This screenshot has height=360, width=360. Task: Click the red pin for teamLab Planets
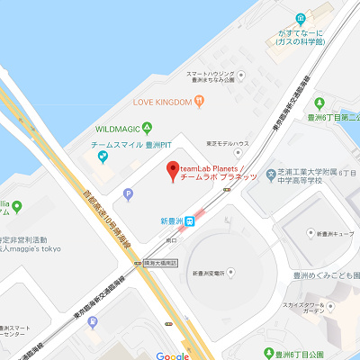pyautogui.click(x=172, y=170)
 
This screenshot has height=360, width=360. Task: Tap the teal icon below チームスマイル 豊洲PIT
pyautogui.click(x=103, y=158)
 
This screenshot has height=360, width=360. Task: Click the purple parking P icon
pyautogui.click(x=128, y=193)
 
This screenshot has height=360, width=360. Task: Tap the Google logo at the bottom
pyautogui.click(x=172, y=355)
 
